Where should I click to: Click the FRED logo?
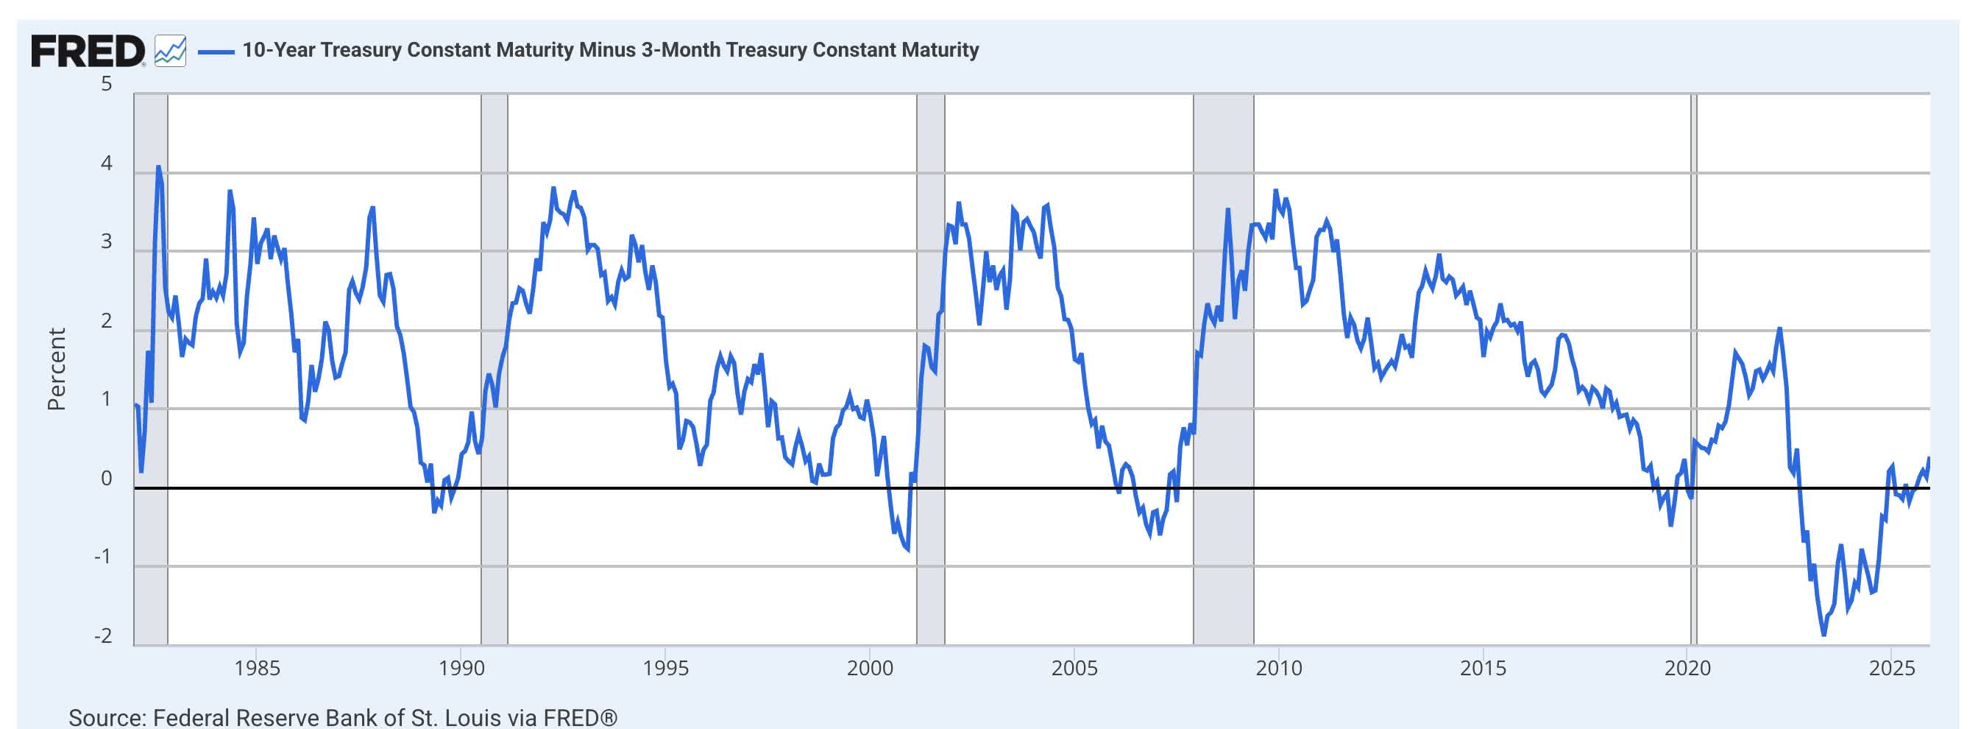[x=88, y=51]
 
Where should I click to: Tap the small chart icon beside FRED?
[x=170, y=51]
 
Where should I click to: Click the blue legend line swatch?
[x=216, y=52]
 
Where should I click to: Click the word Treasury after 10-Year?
[x=361, y=50]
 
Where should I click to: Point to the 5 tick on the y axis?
[x=107, y=83]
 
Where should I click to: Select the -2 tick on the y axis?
[x=103, y=636]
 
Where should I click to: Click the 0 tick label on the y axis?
[x=107, y=479]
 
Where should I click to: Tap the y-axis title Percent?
[x=56, y=369]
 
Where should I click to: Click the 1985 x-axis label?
[x=257, y=669]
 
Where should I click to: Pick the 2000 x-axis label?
[x=869, y=669]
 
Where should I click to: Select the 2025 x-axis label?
[x=1891, y=669]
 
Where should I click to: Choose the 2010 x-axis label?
[x=1278, y=669]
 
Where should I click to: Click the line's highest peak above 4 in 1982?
[x=158, y=166]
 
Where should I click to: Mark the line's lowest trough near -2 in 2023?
[x=1823, y=635]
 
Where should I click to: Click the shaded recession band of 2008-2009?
[x=1223, y=369]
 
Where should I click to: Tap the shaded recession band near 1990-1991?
[x=494, y=369]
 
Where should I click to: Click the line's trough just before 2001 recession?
[x=908, y=549]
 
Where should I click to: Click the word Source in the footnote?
[x=105, y=717]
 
